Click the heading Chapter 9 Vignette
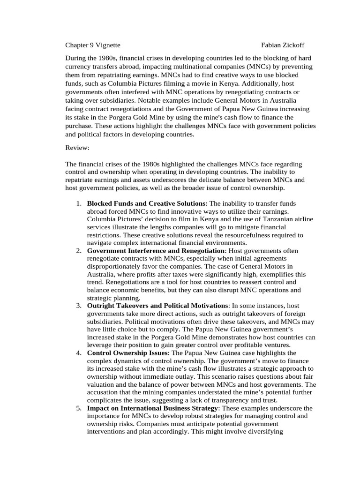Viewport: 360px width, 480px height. (92, 45)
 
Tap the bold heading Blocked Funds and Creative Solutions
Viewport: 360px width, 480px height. (146, 203)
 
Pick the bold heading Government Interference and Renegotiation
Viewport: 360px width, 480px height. (156, 251)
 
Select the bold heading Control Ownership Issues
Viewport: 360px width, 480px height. (127, 352)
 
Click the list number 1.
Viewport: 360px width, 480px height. (78, 203)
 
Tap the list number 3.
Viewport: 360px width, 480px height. (78, 306)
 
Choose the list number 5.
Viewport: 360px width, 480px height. (78, 408)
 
